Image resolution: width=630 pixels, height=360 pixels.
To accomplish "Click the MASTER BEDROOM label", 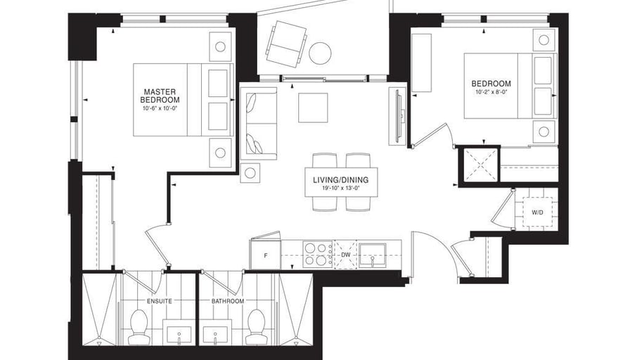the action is tap(160, 96).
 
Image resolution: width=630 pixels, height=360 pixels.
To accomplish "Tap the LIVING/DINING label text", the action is tap(340, 180).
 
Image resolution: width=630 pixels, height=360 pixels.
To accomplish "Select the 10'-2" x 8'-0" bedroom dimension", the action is tap(491, 92).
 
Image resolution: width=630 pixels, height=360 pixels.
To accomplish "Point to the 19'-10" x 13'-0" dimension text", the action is tap(340, 188).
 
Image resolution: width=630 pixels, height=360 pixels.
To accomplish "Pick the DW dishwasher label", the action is tap(345, 255).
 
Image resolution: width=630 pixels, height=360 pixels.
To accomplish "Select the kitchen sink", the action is tap(373, 255).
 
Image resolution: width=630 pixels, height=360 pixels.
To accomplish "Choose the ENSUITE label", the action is tap(160, 301).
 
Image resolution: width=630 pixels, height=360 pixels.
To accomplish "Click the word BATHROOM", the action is tap(228, 301).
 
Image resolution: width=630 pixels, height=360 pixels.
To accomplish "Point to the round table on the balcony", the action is tap(320, 53).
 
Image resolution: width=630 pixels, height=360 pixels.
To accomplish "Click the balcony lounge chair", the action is tap(286, 44).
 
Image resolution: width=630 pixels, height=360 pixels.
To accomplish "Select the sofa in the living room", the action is tap(258, 123).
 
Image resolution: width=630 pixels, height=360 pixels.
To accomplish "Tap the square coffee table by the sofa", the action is tap(313, 108).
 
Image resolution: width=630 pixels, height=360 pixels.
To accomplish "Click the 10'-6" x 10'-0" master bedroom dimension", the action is tap(160, 108).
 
